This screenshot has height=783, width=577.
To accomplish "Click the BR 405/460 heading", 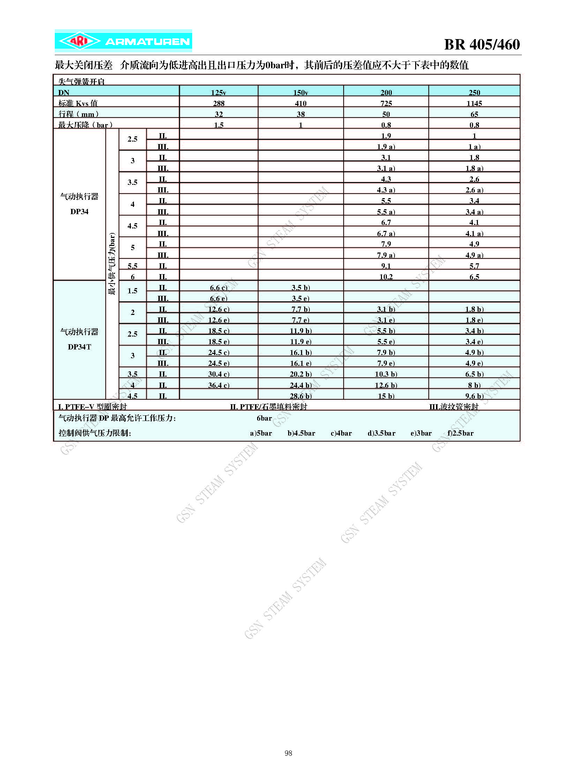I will pos(482,44).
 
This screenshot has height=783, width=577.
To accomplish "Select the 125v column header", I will pos(218,92).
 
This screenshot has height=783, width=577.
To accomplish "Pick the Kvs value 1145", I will pos(474,103).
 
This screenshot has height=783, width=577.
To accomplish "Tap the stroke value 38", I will pos(300,114).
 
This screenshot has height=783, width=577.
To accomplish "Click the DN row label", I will pos(64,92).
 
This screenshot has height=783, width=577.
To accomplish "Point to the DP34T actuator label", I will pos(79,347).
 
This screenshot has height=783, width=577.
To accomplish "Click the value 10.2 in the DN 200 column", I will pos(385,277).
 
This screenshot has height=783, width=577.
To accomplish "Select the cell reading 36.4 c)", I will pos(219,385).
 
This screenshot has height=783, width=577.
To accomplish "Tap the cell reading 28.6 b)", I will pos(300,396).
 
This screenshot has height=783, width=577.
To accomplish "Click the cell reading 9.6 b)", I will pos(474,396).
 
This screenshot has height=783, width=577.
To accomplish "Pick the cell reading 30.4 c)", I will pos(219,374).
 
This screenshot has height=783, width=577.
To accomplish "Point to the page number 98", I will pos(288,753).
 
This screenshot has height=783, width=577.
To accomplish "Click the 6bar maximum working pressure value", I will pos(264,418).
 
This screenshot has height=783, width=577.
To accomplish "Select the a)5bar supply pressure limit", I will pos(261,433).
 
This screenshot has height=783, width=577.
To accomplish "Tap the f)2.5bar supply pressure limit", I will pos(460,433).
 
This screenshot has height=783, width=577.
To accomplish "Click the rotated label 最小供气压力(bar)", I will pos(112,264).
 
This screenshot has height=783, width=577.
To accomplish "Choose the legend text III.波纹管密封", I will pos(454,407).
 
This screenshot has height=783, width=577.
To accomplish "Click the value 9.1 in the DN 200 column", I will pos(385,266).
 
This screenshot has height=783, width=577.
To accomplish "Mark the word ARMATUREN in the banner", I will pos(148,42).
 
